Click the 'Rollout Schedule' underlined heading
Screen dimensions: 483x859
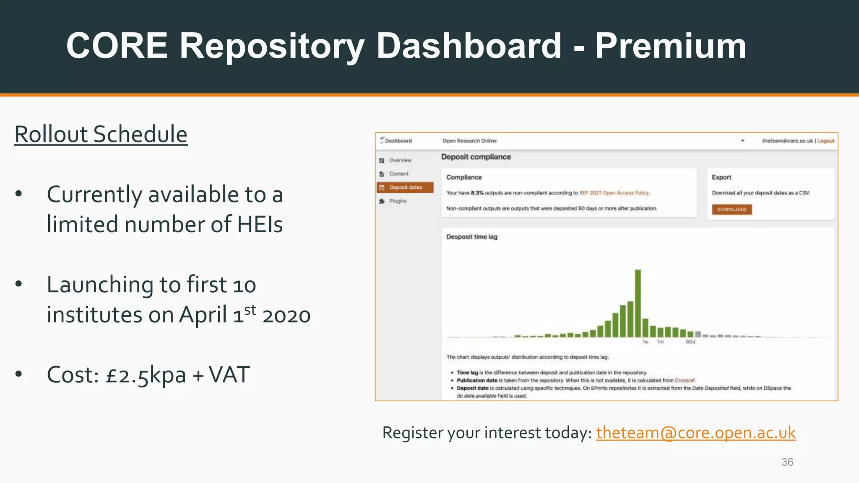click(x=101, y=134)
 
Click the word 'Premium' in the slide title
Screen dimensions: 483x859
click(x=670, y=46)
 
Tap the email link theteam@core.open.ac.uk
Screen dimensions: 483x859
click(x=695, y=433)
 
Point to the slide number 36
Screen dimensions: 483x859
click(x=787, y=462)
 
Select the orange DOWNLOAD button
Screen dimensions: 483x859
click(x=731, y=209)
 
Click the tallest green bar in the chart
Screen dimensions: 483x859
click(x=638, y=303)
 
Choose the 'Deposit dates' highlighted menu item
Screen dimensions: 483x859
click(x=405, y=187)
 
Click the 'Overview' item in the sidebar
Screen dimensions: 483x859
click(x=400, y=160)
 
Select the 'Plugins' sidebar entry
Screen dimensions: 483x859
click(x=398, y=201)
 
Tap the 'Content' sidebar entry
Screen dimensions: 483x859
click(x=398, y=174)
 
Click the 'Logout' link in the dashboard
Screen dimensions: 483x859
click(x=825, y=141)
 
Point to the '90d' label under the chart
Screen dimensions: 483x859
click(x=690, y=342)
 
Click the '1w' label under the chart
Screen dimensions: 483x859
click(x=646, y=342)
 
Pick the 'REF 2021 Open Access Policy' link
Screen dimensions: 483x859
click(x=614, y=193)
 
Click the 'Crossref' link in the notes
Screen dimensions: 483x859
click(x=685, y=380)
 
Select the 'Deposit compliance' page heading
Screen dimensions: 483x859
click(x=476, y=157)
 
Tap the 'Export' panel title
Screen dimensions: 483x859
click(x=721, y=177)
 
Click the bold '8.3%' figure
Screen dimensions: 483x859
click(x=477, y=193)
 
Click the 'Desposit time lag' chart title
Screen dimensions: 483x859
click(x=471, y=237)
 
